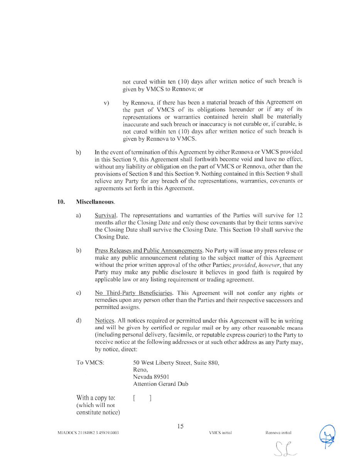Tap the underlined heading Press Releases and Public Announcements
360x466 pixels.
point(149,251)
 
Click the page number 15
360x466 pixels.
point(180,426)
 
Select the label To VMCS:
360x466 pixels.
point(90,363)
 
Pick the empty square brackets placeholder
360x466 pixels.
point(142,398)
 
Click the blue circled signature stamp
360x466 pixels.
point(327,436)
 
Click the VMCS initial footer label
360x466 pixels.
point(220,432)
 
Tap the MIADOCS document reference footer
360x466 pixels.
point(88,432)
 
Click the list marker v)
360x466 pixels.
point(106,103)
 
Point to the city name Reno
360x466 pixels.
point(140,370)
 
